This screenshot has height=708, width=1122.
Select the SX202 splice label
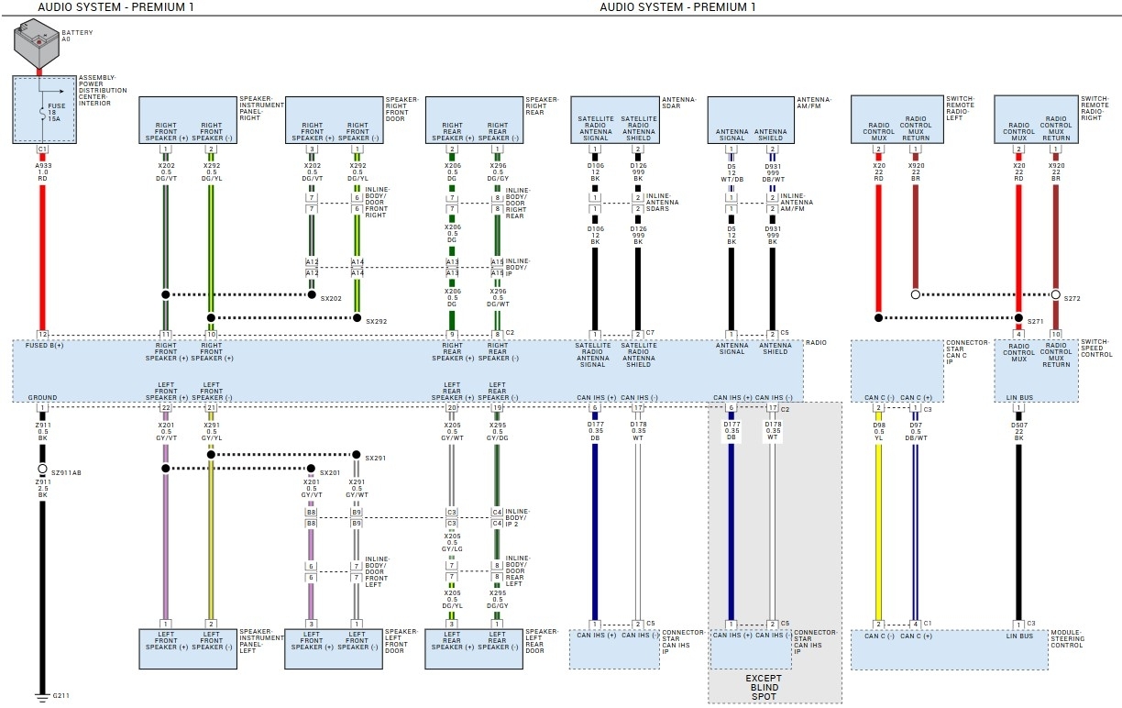pos(331,299)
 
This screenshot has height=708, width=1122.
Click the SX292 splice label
pos(377,322)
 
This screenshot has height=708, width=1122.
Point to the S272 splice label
pos(1072,299)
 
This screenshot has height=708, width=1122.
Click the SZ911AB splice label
pos(67,472)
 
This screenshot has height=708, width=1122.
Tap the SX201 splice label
pos(331,472)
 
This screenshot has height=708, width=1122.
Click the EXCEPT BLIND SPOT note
pos(763,688)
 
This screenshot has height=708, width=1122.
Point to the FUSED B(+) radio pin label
pos(43,345)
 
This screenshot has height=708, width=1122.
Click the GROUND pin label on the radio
pos(42,398)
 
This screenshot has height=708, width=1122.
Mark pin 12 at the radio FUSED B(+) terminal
pos(42,334)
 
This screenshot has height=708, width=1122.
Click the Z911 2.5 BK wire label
pos(42,487)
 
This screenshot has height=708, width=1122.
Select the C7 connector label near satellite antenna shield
pos(650,332)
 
